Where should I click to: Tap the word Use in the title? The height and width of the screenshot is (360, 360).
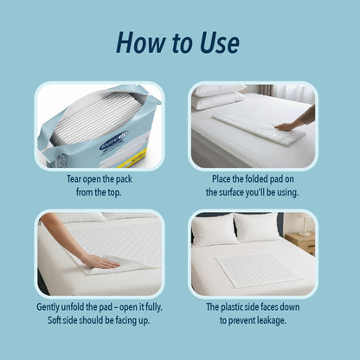point(219,42)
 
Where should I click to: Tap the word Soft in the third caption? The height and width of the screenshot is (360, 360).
point(66,319)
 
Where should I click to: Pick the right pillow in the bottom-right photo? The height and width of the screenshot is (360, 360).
point(258,228)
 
